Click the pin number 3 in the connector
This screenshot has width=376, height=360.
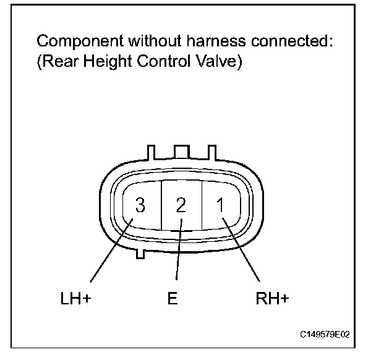pos(140,206)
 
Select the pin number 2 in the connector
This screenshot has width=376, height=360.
pos(181,206)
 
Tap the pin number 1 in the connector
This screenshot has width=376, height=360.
pos(220,206)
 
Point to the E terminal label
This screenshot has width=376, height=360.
pos(173,299)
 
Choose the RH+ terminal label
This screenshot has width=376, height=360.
pos(272,299)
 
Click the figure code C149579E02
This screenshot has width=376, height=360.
pos(325,335)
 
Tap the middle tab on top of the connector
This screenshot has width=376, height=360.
pos(181,152)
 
